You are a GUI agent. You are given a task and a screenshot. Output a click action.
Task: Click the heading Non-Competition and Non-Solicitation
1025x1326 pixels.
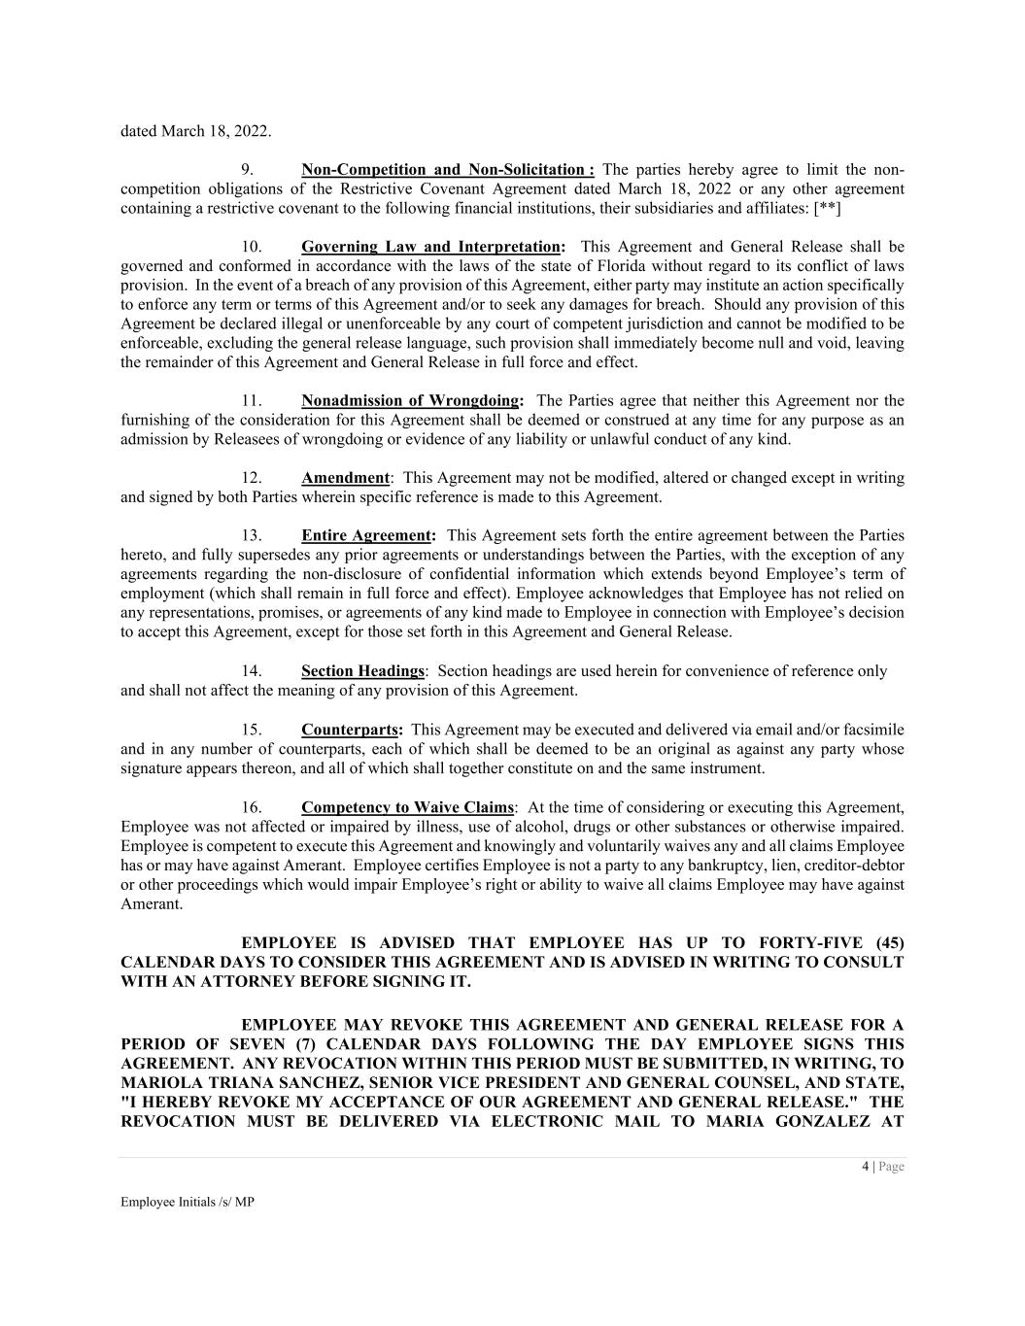(448, 170)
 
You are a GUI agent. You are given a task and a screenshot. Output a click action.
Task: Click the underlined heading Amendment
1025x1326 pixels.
(345, 478)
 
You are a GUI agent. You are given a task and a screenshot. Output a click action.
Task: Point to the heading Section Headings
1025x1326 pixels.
(362, 671)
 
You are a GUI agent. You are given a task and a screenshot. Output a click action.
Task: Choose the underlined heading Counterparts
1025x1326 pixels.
(352, 730)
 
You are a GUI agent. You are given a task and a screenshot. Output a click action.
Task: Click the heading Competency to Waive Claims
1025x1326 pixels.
(407, 807)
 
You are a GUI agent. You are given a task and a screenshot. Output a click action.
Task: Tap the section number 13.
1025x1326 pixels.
(251, 535)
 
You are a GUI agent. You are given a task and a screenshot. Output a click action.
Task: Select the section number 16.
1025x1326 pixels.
(251, 807)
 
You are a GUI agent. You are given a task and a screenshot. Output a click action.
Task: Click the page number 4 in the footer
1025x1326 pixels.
(865, 1167)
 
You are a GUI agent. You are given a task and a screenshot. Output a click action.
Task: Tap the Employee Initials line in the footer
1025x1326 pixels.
(187, 1202)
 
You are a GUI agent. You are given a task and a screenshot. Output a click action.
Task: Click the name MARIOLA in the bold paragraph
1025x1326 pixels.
(158, 1082)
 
